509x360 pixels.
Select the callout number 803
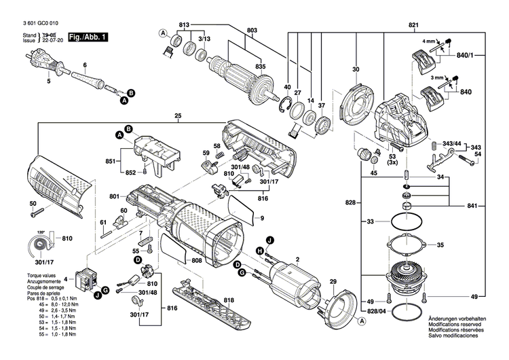click(234, 31)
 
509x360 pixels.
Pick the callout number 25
click(177, 115)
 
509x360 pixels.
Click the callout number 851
click(111, 162)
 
